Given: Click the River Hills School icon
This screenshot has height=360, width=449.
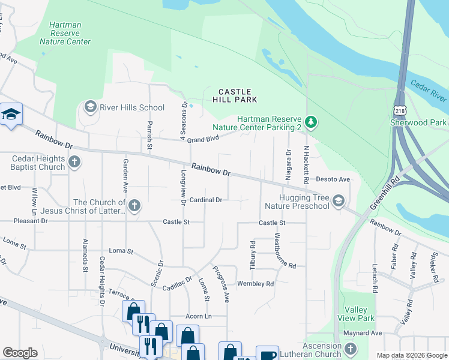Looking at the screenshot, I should tap(91, 107).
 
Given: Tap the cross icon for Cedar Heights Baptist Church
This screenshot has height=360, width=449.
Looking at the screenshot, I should tap(74, 162).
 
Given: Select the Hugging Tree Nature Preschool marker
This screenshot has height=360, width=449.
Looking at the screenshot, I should tap(339, 200).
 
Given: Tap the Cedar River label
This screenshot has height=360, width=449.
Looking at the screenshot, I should tap(428, 90).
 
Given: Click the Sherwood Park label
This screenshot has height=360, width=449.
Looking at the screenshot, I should tap(426, 122).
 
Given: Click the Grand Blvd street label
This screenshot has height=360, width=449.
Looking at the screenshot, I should tap(201, 139).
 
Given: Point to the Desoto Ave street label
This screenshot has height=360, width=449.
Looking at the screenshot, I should tap(333, 179).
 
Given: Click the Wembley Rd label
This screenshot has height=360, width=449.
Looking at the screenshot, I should tap(255, 284).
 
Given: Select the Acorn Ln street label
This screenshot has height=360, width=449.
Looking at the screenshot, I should tap(200, 316).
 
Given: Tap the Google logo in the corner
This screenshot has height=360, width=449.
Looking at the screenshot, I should tap(20, 353).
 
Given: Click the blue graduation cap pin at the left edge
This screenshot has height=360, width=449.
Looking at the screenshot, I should tap(11, 115).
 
